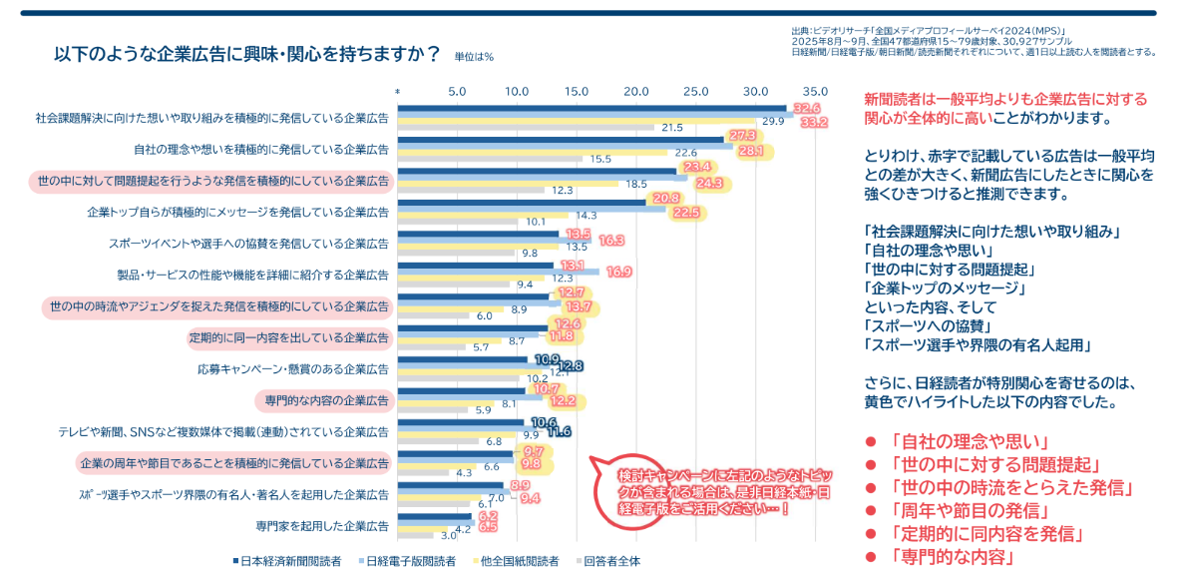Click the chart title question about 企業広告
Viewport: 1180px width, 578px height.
[x=247, y=55]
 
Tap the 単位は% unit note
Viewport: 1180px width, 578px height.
[x=474, y=58]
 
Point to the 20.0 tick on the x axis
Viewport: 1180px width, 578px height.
[x=636, y=91]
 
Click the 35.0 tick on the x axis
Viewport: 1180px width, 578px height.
[x=815, y=91]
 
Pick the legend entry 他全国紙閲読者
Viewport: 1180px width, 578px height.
[x=519, y=561]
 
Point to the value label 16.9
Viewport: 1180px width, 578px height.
[x=618, y=272]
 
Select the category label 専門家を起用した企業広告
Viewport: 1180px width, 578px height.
[x=316, y=525]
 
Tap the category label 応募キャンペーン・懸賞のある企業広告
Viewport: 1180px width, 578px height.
[x=293, y=368]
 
